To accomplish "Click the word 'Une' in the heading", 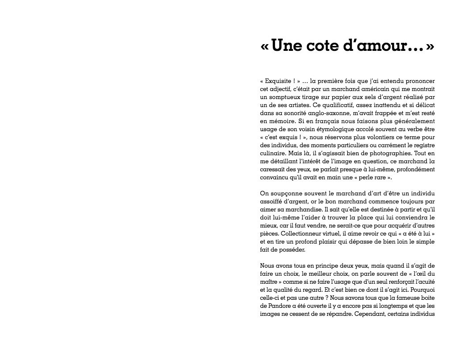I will (x=285, y=46).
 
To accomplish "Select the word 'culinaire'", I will (x=272, y=153).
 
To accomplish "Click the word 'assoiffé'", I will (x=273, y=201).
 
